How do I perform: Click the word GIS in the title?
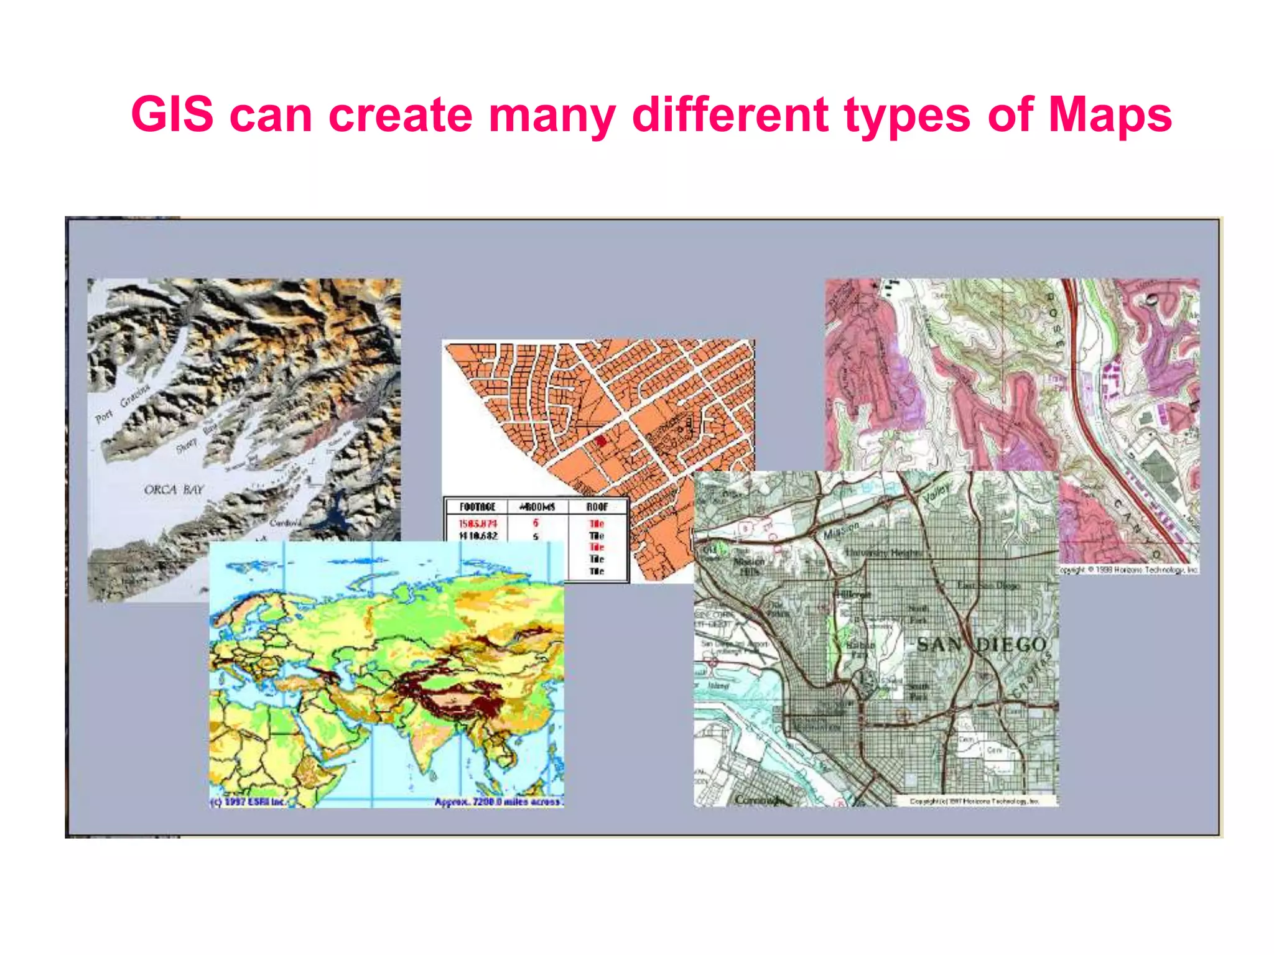coord(172,115)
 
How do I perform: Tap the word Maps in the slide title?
coord(1110,115)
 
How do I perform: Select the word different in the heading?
coord(730,115)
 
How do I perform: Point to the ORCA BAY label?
coord(174,490)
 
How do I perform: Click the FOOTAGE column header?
coord(477,507)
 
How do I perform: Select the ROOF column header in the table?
coord(597,507)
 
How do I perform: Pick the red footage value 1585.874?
coord(478,524)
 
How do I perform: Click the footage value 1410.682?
coord(478,536)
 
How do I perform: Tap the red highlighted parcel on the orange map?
coord(600,441)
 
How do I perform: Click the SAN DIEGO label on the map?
coord(982,645)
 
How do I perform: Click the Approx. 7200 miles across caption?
coord(498,802)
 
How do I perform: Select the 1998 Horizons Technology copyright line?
coord(1129,570)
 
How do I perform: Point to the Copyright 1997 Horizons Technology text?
coord(975,801)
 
